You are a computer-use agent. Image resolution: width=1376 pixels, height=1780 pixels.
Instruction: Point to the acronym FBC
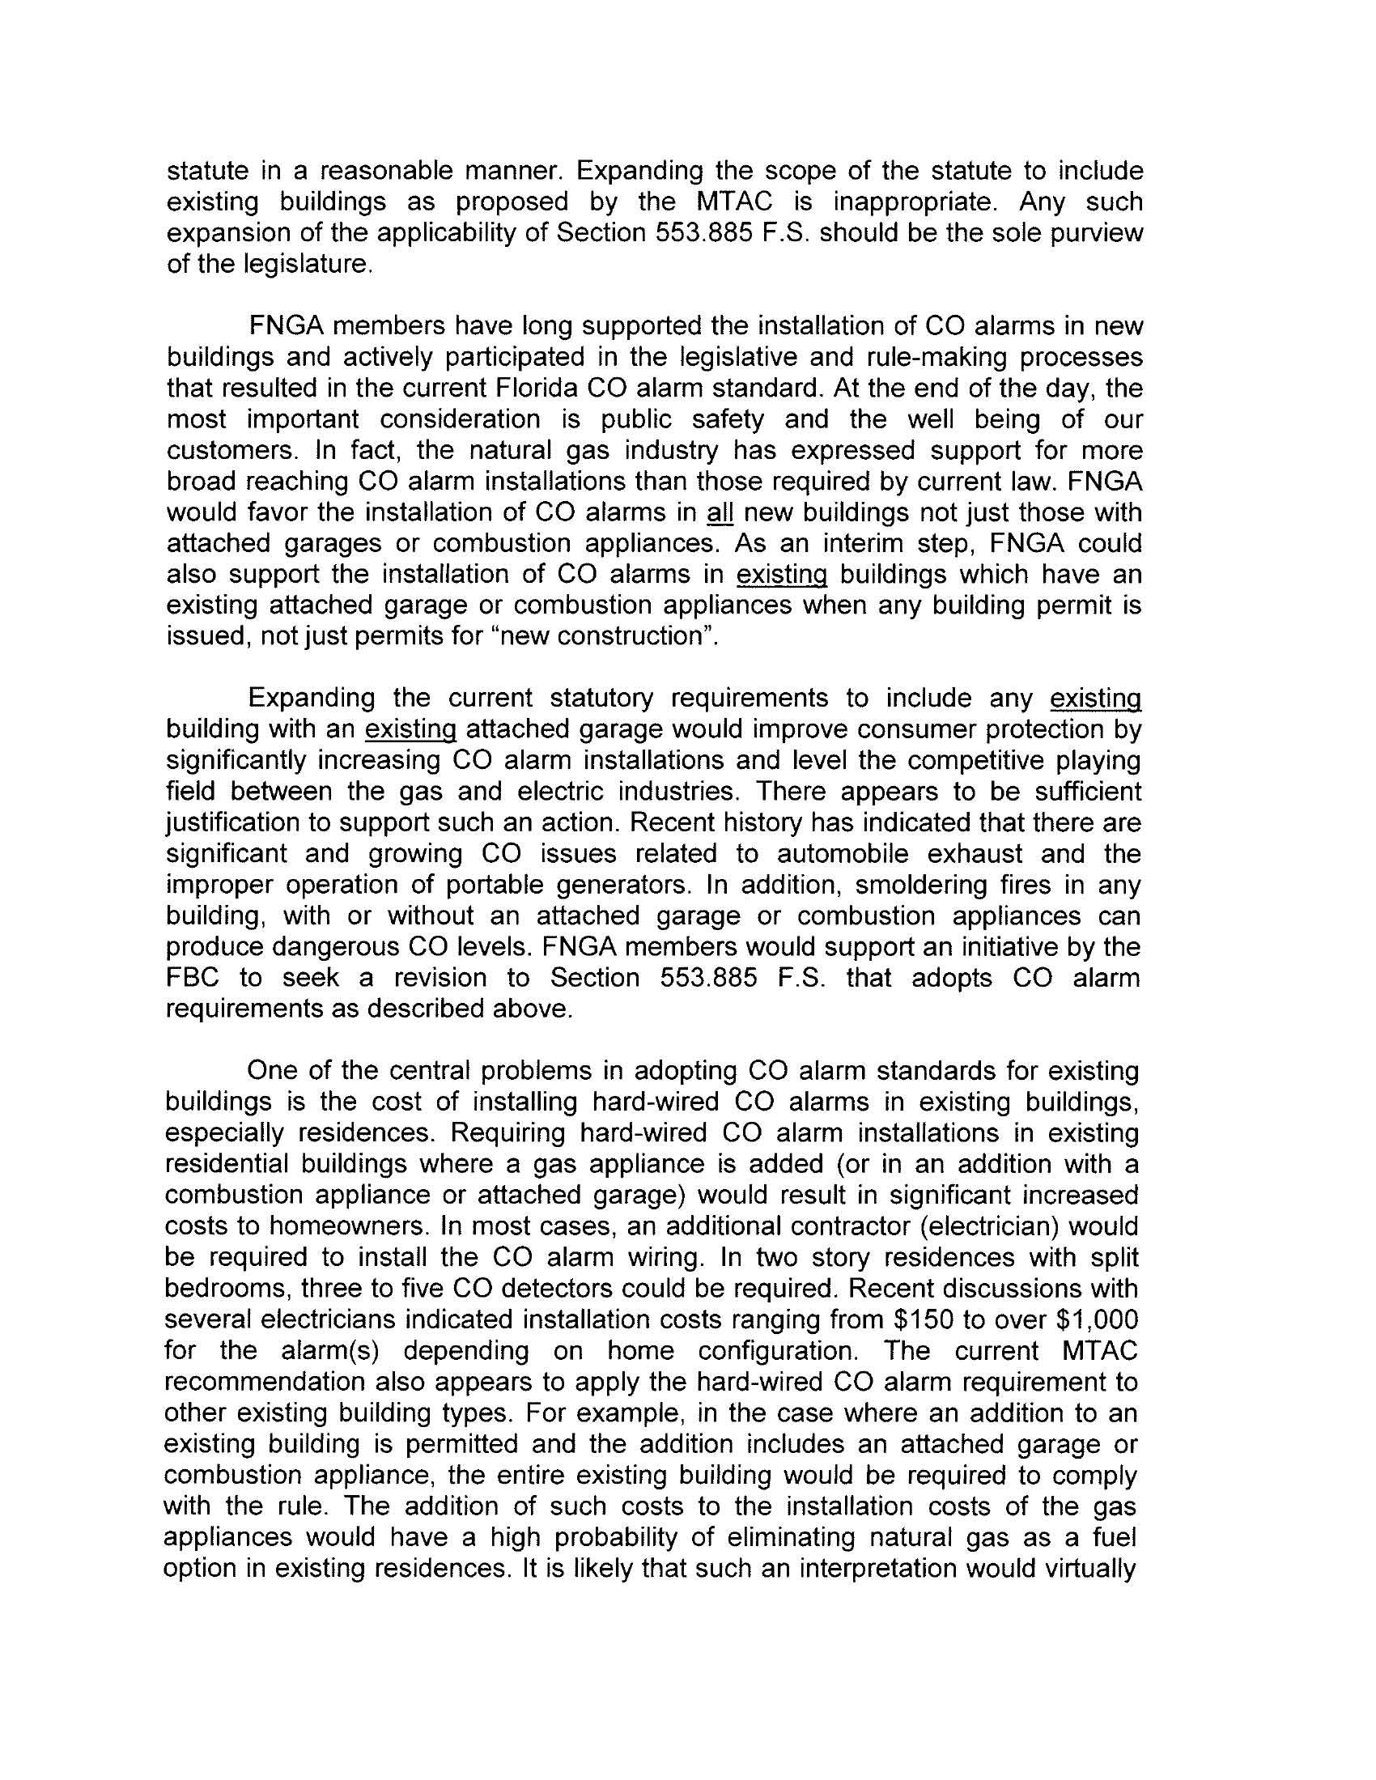point(193,977)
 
